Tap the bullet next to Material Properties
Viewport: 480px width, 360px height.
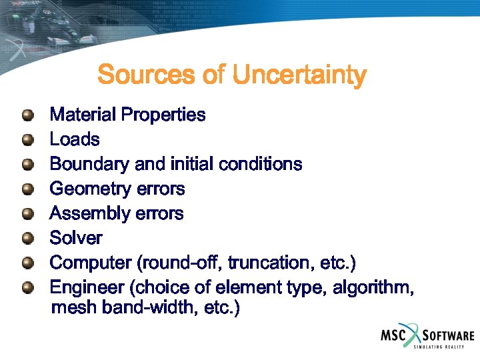tap(27, 115)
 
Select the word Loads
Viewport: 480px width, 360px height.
tap(75, 140)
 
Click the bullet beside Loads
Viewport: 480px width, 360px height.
tap(27, 140)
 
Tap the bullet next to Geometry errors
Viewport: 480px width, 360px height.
tap(27, 189)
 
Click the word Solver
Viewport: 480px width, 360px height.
tap(76, 238)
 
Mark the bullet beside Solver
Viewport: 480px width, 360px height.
tap(27, 238)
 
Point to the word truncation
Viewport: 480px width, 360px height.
tap(273, 263)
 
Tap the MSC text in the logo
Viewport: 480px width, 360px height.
tap(393, 335)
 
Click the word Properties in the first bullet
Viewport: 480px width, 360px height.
tap(165, 115)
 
